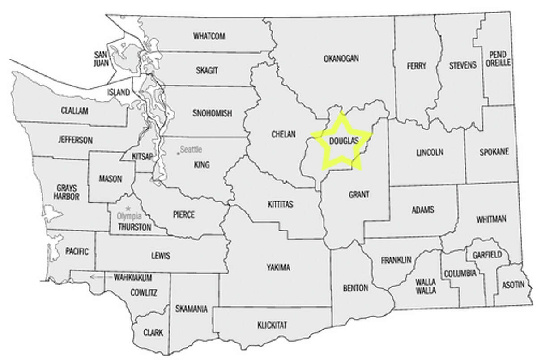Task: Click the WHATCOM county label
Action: [x=209, y=36]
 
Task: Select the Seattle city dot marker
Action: [x=178, y=154]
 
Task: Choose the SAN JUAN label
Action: [x=100, y=58]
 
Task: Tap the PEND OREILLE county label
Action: [x=498, y=58]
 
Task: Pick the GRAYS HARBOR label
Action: [x=68, y=192]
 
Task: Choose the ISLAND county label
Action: [x=119, y=93]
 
